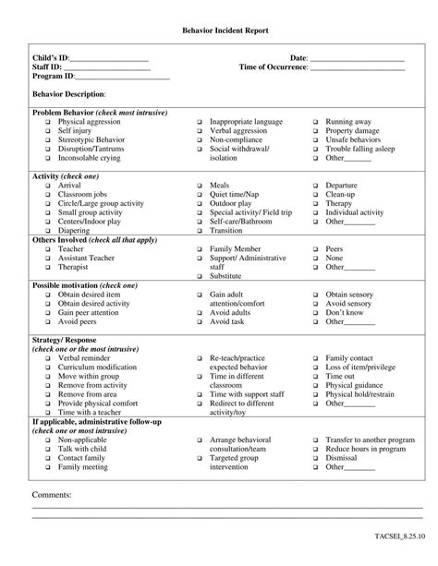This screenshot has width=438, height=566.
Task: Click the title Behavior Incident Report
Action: (x=219, y=30)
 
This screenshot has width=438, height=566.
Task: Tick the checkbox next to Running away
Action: (x=315, y=122)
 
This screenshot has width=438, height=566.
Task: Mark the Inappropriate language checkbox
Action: (x=200, y=122)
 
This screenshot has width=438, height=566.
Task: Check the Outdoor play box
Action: (x=200, y=203)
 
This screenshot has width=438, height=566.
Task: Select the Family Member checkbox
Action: (x=200, y=249)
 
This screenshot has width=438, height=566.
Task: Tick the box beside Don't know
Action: (x=315, y=312)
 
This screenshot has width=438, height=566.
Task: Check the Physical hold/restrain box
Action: (x=315, y=394)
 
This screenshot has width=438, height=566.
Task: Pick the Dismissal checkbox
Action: (x=315, y=458)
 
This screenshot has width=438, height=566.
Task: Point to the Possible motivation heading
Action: (x=84, y=285)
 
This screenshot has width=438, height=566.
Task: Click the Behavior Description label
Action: (x=69, y=94)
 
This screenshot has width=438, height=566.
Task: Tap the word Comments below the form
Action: (x=52, y=495)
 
